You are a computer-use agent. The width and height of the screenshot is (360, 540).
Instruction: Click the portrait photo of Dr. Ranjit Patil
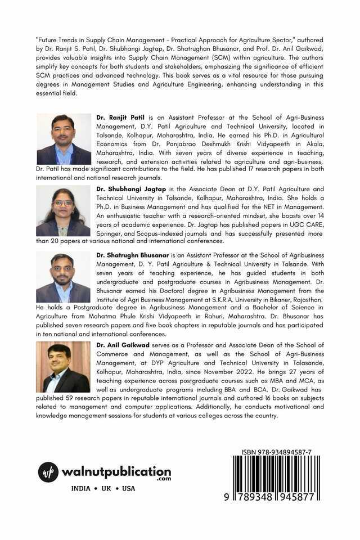pyautogui.click(x=64, y=139)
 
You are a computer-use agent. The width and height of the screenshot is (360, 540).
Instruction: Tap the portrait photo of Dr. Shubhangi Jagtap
pyautogui.click(x=63, y=211)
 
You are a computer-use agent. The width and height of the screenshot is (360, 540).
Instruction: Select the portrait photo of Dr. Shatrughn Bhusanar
pyautogui.click(x=63, y=278)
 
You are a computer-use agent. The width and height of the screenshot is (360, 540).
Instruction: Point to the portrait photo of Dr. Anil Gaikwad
pyautogui.click(x=63, y=367)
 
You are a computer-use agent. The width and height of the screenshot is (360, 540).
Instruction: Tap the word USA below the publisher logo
pyautogui.click(x=129, y=489)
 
